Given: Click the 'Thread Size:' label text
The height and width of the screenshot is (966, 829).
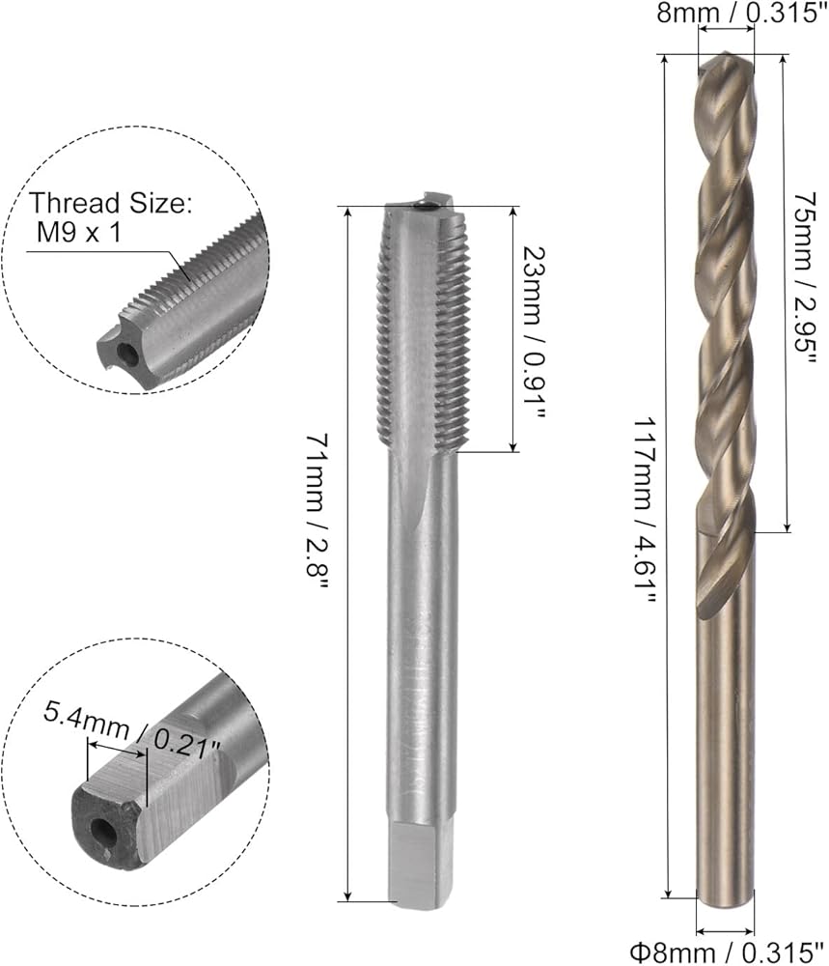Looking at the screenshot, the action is pos(111,203).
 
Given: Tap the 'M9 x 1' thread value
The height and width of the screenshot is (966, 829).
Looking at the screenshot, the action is pos(79,233).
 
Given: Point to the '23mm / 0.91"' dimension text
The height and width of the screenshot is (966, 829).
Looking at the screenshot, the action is pos(533,333).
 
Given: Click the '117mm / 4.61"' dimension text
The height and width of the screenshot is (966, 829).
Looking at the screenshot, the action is pos(646,511).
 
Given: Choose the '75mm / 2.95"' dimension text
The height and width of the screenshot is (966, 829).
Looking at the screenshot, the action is pos(804,278).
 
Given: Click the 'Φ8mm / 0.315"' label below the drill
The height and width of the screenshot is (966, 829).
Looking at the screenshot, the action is pos(728,952).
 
